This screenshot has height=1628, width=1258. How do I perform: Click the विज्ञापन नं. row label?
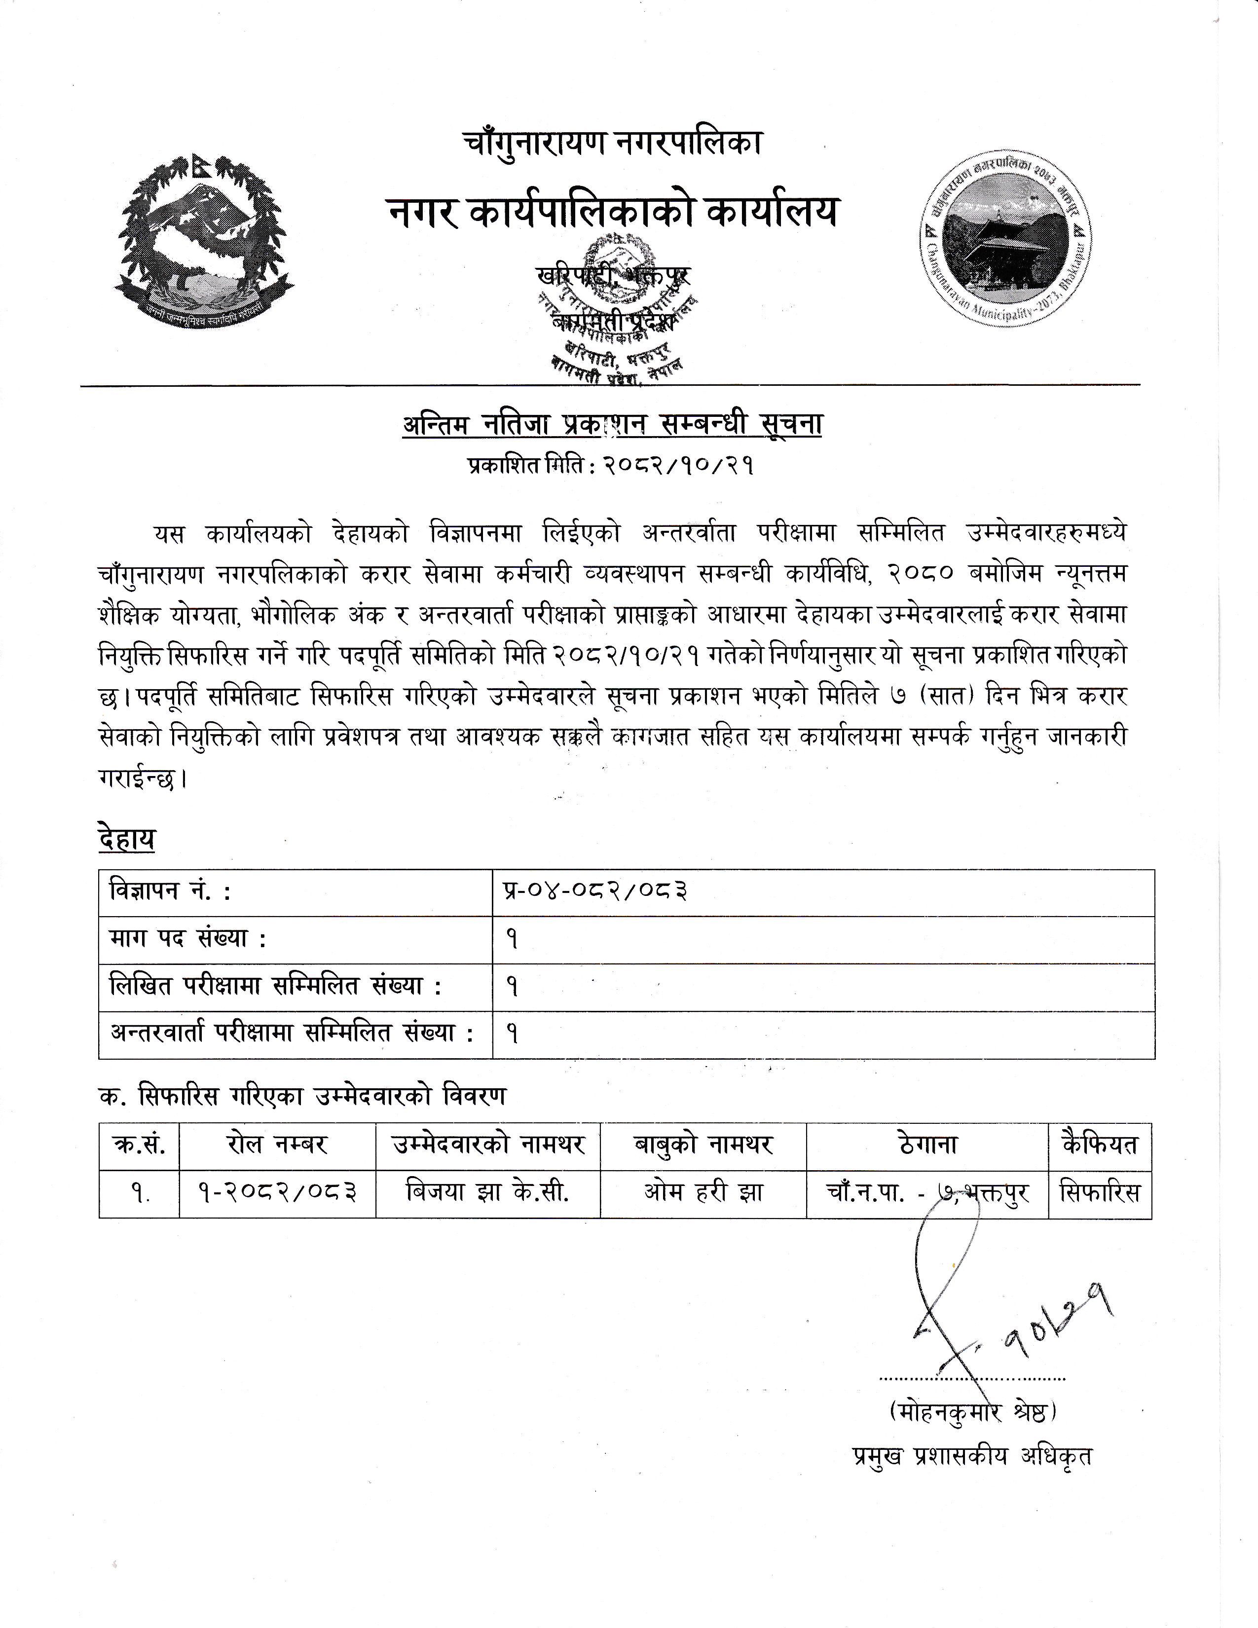pyautogui.click(x=170, y=891)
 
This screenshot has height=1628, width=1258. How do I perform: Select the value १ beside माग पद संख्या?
pyautogui.click(x=513, y=939)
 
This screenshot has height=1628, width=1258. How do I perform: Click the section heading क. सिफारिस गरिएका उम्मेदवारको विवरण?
pyautogui.click(x=302, y=1096)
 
